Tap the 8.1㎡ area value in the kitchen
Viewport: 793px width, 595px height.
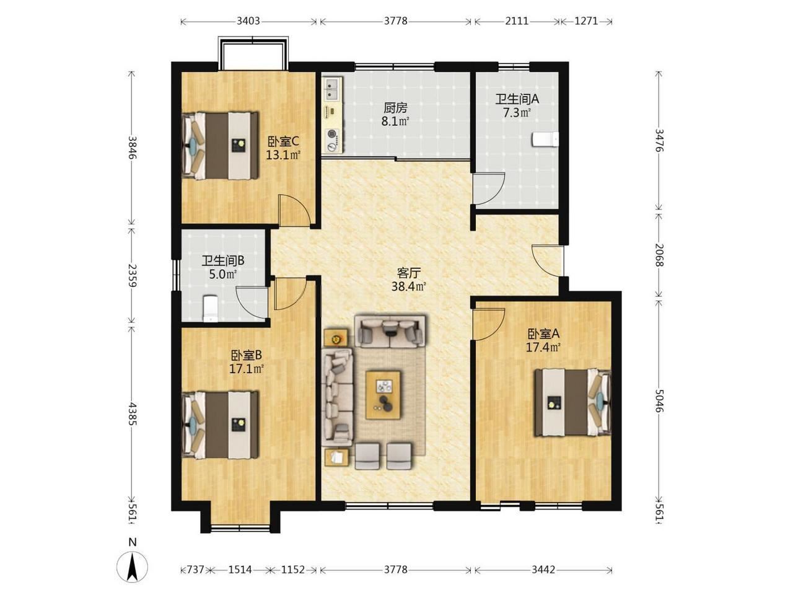point(395,121)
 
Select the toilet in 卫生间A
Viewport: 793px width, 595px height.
point(545,139)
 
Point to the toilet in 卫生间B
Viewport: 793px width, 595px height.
point(210,308)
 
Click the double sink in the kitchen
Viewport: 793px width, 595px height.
point(332,88)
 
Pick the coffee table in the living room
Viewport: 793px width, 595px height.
point(383,395)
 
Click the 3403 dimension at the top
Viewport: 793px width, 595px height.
point(248,21)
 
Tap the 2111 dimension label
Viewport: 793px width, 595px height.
point(517,21)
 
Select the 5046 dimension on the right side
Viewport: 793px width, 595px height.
point(659,400)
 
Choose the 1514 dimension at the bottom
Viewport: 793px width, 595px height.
point(240,570)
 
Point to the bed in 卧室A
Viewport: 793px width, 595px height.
point(573,402)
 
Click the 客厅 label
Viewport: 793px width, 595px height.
point(408,272)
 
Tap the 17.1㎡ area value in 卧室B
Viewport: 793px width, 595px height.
point(246,369)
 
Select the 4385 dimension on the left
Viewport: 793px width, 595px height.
point(132,413)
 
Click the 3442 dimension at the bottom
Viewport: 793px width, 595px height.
point(543,570)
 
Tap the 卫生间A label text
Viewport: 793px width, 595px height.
point(517,99)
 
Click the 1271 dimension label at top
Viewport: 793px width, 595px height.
point(586,21)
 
